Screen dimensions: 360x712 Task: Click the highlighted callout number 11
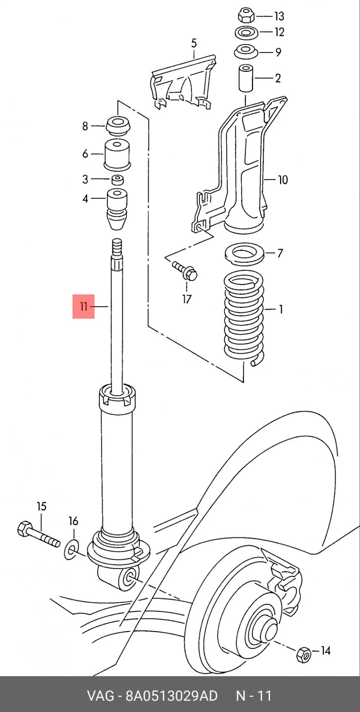pos(83,307)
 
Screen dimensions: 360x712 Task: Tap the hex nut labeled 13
pos(246,16)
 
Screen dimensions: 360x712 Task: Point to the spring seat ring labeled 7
pos(244,254)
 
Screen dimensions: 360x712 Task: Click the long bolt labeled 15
pos(39,534)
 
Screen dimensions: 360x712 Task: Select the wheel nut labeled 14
pos(303,654)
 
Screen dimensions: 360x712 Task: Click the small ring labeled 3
pos(118,180)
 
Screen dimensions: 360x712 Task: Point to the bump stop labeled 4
pos(117,211)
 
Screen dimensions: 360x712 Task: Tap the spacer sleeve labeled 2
pos(246,78)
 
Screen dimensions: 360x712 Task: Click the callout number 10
pos(283,180)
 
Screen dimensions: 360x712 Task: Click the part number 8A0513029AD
pos(171,696)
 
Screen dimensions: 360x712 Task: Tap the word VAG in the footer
pos(100,696)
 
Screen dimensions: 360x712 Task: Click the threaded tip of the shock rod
pos(117,247)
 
